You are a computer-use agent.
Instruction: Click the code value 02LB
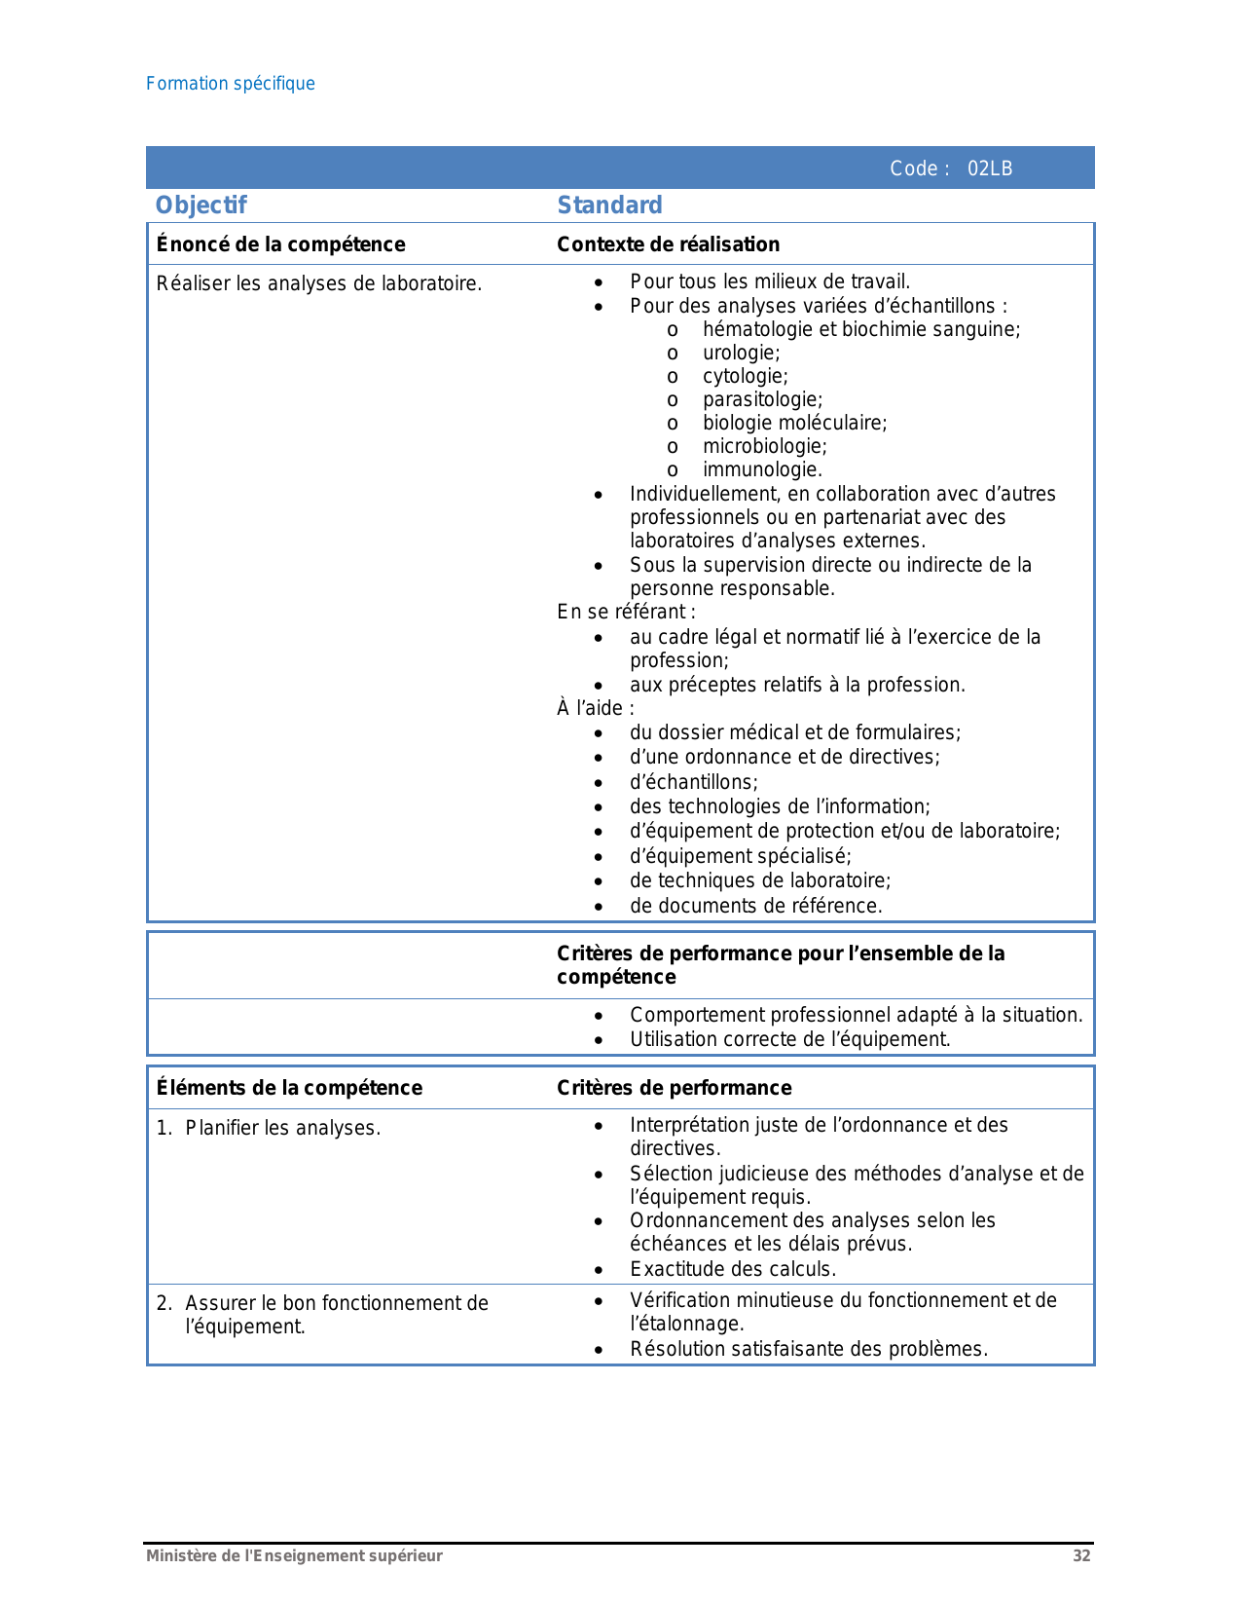tap(989, 168)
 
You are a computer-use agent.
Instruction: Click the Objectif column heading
tap(201, 206)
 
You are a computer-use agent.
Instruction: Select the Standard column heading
tap(609, 206)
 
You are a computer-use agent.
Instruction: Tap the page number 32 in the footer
tap(1081, 1555)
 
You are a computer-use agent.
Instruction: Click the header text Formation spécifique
tap(231, 84)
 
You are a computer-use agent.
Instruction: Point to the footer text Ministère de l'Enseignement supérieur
tap(294, 1555)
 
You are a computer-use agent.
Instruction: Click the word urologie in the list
tap(741, 353)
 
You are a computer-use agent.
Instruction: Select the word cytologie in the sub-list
tap(745, 376)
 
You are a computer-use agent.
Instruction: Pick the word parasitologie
tap(762, 399)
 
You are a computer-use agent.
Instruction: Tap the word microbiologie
tap(764, 446)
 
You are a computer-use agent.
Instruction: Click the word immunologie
tap(762, 469)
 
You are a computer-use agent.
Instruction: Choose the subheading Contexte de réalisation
tap(668, 244)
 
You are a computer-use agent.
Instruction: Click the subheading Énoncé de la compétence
tap(280, 244)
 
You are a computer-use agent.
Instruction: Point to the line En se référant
tap(626, 612)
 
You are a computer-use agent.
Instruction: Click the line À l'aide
tap(595, 708)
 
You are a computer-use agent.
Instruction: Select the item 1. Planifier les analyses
tap(269, 1128)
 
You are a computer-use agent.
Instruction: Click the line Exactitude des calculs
tap(733, 1269)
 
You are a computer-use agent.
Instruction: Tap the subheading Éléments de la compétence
tap(289, 1088)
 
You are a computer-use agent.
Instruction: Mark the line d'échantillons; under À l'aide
tap(693, 782)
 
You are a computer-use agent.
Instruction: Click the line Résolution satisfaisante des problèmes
tap(809, 1349)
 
